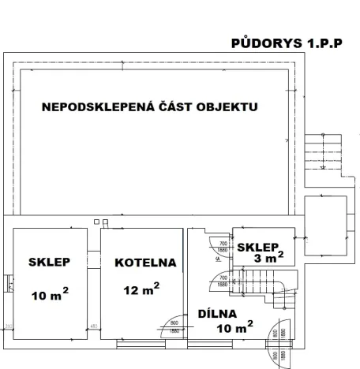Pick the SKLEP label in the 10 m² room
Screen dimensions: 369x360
[x=49, y=263]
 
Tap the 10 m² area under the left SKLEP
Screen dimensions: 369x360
[x=49, y=296]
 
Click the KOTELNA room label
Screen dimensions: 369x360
[x=144, y=263]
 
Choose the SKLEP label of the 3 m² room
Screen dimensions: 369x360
[x=257, y=244]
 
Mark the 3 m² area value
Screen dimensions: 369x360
[x=268, y=258]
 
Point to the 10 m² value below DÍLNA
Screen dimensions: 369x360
[x=234, y=326]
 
